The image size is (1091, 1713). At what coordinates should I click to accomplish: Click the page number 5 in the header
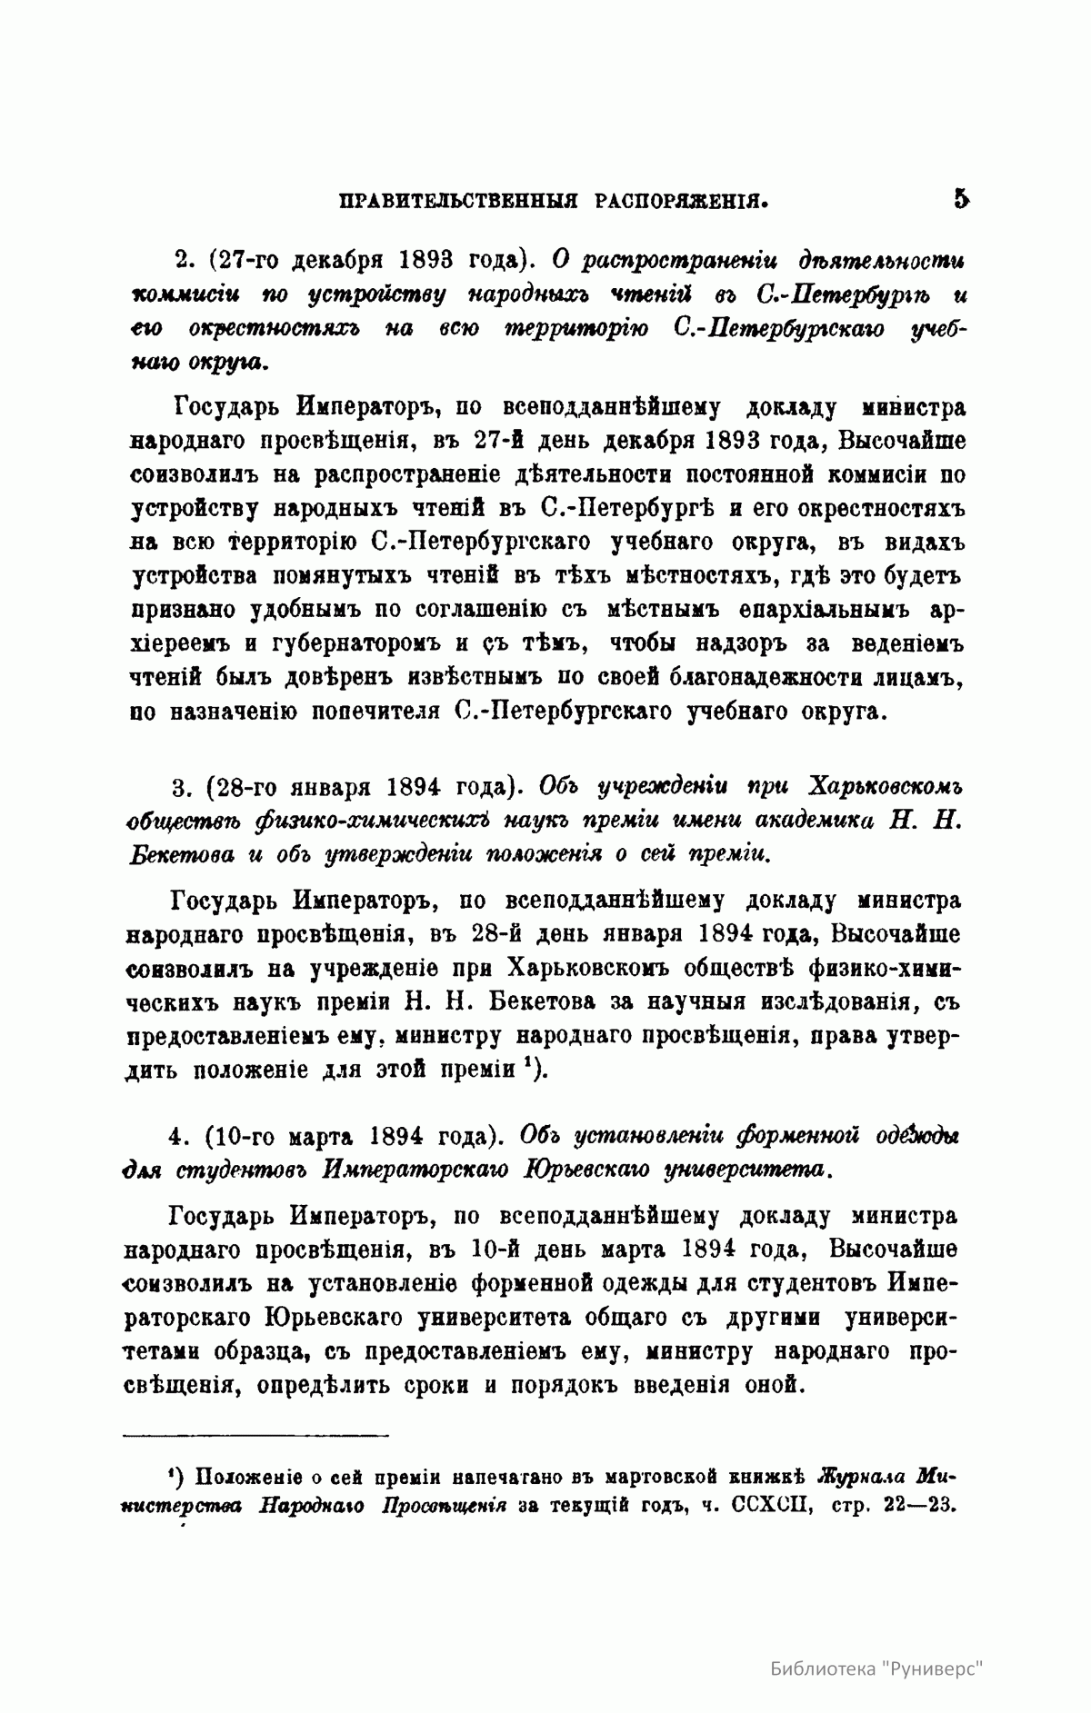961,199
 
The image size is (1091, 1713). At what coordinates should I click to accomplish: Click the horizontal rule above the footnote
255,1435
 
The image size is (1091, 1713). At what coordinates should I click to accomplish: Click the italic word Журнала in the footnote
862,1473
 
